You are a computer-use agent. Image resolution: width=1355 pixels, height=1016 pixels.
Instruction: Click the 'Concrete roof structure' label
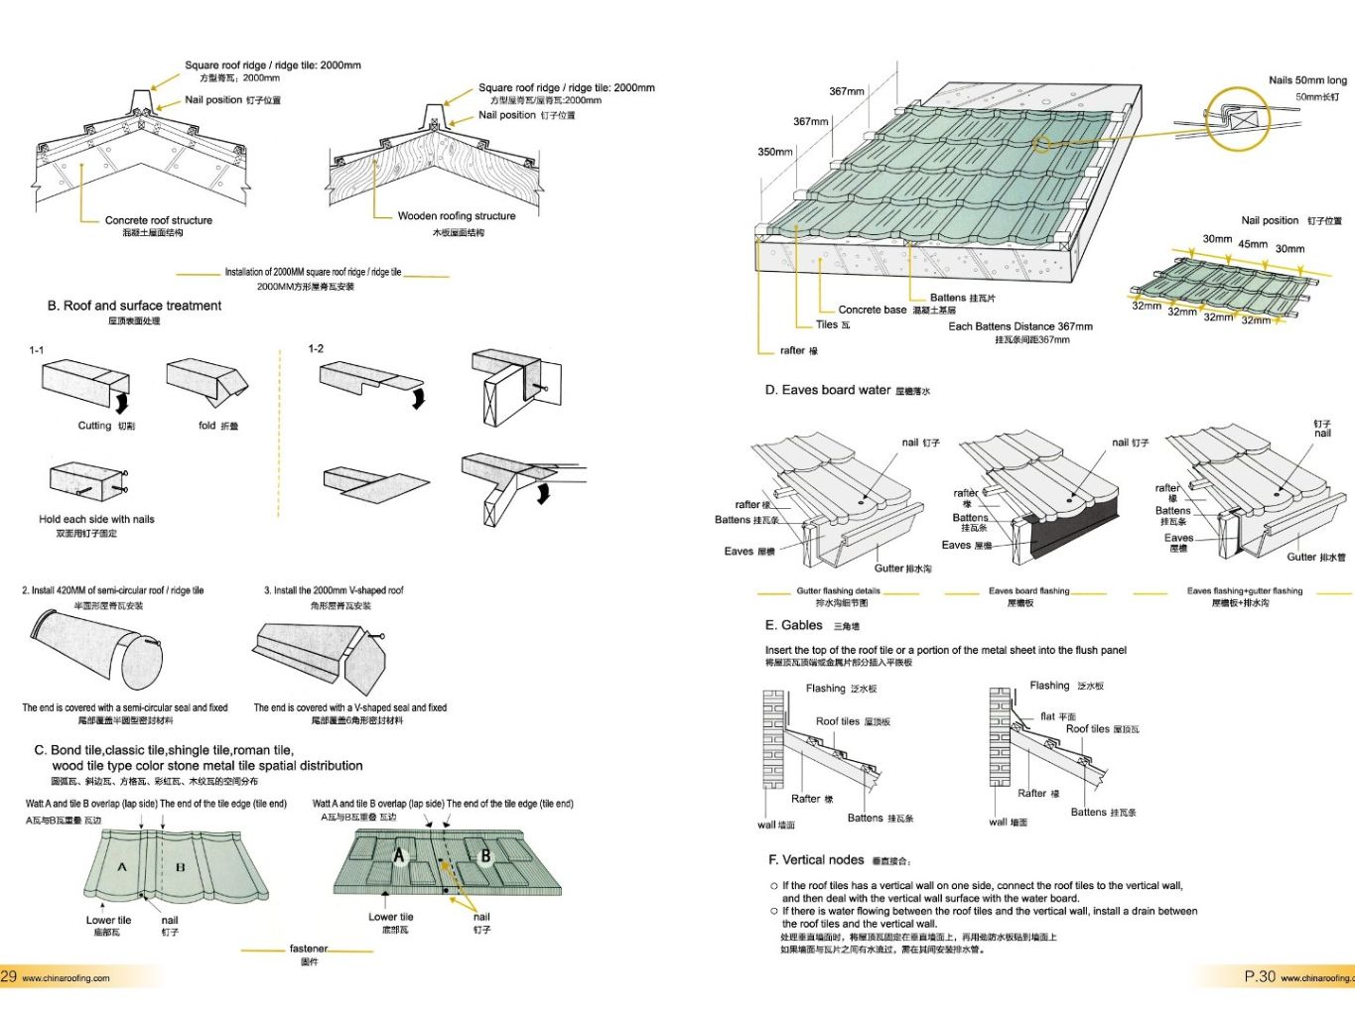(158, 220)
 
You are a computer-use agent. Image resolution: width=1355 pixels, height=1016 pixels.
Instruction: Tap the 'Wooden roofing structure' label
(457, 215)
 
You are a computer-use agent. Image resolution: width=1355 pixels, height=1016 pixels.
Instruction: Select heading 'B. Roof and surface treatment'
(134, 306)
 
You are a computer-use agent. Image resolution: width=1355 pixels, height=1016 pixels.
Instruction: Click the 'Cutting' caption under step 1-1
(95, 426)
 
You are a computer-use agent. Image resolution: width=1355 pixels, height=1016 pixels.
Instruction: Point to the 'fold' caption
(207, 426)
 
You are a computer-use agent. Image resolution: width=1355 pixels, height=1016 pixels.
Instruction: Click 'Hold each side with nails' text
(96, 519)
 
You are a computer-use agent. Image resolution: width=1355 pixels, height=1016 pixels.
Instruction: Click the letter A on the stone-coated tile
(399, 855)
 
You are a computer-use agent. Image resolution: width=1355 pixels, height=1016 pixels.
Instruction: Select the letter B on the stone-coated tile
(485, 855)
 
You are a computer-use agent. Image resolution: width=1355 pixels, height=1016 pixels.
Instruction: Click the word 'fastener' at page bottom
(308, 949)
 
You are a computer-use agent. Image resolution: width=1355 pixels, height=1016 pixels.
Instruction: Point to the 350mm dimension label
(775, 152)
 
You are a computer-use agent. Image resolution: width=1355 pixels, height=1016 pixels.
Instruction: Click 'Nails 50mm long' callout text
(1307, 80)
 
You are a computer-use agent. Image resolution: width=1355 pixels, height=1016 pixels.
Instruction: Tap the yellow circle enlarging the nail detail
(1237, 118)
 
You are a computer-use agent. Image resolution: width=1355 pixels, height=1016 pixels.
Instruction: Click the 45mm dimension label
(1252, 244)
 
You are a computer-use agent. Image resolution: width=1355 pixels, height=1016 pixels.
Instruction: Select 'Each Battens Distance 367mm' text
(1019, 325)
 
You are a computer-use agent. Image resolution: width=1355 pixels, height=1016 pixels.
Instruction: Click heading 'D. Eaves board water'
(828, 390)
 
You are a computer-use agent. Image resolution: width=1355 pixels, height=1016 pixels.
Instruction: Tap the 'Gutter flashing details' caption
(838, 590)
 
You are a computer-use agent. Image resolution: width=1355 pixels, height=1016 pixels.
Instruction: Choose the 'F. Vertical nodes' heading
(816, 859)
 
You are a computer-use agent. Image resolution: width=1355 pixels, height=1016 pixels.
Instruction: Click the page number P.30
(1259, 976)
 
